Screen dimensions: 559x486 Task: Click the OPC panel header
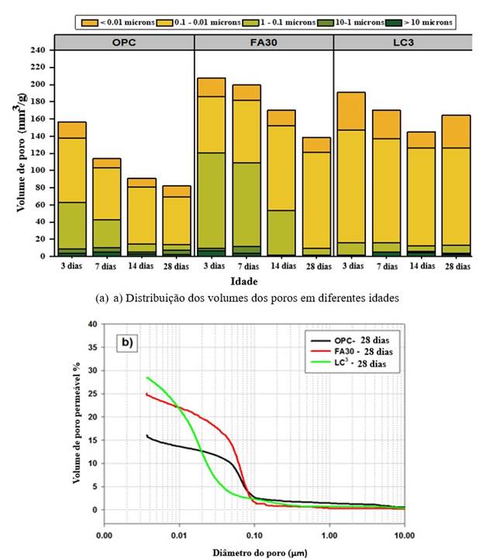point(124,42)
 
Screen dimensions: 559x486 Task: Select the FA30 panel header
point(264,42)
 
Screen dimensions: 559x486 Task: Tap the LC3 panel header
point(402,42)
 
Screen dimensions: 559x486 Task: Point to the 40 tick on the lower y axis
point(92,324)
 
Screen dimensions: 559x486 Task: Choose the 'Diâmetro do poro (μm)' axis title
point(252,553)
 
